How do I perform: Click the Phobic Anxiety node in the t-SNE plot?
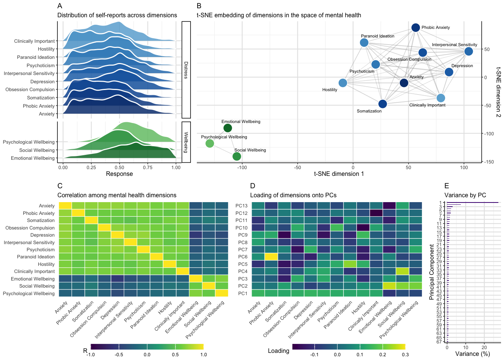(x=415, y=27)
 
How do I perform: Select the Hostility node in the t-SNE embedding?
(x=343, y=83)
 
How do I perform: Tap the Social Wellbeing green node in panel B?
(x=237, y=156)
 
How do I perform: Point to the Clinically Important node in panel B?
(x=441, y=98)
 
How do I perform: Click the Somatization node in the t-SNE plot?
(x=382, y=104)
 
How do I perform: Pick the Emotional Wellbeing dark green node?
(x=228, y=128)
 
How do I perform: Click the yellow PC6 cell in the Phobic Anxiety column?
(x=271, y=256)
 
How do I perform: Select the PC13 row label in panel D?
(x=241, y=206)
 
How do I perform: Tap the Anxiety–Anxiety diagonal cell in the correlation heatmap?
(x=66, y=205)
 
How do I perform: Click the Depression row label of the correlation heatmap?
(x=42, y=235)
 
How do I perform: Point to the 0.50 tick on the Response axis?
(x=119, y=168)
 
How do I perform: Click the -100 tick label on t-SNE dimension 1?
(x=242, y=168)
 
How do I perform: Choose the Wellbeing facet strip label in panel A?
(x=186, y=142)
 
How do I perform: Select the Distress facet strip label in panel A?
(x=186, y=70)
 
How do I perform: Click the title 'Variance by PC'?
(x=465, y=195)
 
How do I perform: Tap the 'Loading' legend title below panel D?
(x=278, y=351)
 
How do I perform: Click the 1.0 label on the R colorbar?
(x=204, y=354)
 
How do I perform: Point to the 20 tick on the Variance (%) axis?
(x=484, y=348)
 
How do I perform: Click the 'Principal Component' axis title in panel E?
(x=432, y=272)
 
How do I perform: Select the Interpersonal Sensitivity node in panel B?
(x=468, y=51)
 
